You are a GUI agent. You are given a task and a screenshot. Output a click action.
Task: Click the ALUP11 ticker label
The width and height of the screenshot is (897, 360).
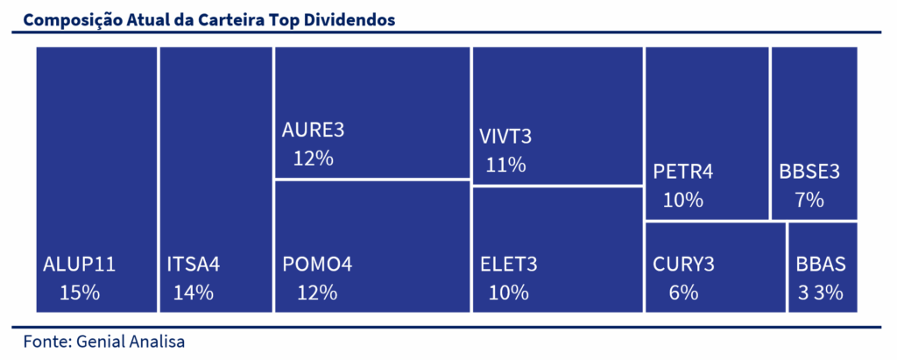pyautogui.click(x=80, y=265)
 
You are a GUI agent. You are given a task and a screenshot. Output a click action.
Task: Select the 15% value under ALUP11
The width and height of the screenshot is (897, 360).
pyautogui.click(x=80, y=293)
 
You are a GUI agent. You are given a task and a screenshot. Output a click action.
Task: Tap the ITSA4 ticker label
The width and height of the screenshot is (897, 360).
pyautogui.click(x=194, y=265)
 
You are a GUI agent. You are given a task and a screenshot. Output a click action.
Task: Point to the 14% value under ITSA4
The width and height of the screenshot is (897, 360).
pyautogui.click(x=194, y=293)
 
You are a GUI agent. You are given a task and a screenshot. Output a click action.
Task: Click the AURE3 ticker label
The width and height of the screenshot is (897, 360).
pyautogui.click(x=313, y=131)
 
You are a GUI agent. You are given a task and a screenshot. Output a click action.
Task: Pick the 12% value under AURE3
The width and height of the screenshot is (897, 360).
pyautogui.click(x=314, y=158)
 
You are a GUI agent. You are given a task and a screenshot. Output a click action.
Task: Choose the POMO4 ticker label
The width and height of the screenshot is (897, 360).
pyautogui.click(x=317, y=265)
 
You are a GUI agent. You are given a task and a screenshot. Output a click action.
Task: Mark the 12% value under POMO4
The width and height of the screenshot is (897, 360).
pyautogui.click(x=317, y=293)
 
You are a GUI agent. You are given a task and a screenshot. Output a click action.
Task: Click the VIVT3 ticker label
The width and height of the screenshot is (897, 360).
pyautogui.click(x=505, y=138)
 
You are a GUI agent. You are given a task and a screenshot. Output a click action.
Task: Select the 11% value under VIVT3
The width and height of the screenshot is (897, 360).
pyautogui.click(x=505, y=165)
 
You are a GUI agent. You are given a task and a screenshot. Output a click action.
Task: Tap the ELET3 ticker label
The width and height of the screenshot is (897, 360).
pyautogui.click(x=509, y=265)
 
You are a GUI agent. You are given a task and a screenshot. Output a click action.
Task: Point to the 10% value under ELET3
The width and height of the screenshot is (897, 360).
pyautogui.click(x=509, y=293)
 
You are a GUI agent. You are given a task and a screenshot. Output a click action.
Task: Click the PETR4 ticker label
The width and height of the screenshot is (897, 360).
pyautogui.click(x=683, y=172)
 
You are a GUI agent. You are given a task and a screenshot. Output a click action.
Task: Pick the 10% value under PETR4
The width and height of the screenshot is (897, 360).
pyautogui.click(x=683, y=200)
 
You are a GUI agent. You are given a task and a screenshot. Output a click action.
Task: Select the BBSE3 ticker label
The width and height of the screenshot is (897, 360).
pyautogui.click(x=809, y=172)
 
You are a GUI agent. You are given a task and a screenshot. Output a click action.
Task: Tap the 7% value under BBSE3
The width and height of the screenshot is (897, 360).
pyautogui.click(x=809, y=200)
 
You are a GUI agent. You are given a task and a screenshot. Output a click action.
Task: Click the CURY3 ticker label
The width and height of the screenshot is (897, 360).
pyautogui.click(x=683, y=265)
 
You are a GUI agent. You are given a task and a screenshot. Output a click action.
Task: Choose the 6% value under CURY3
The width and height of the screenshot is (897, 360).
pyautogui.click(x=683, y=293)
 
